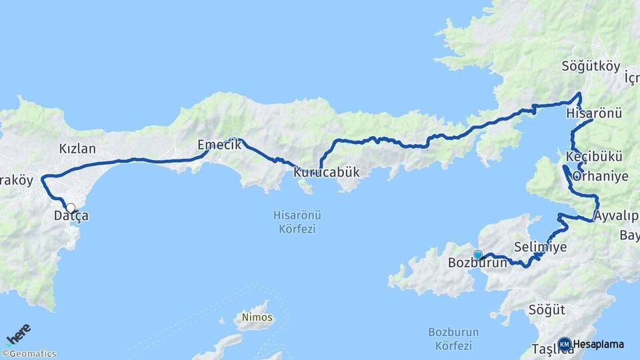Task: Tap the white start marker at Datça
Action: click(x=70, y=208)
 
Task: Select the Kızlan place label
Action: click(x=77, y=149)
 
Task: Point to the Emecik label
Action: click(x=214, y=145)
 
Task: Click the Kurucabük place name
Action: click(x=327, y=173)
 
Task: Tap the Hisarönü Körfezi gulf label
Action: click(x=294, y=222)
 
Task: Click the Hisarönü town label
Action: click(x=593, y=113)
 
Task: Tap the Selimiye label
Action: click(x=541, y=247)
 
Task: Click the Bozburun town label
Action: click(x=478, y=263)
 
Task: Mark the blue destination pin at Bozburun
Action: click(x=477, y=255)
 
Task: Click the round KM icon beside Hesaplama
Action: click(x=564, y=344)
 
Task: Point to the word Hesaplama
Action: click(x=599, y=345)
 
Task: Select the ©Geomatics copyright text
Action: click(x=29, y=354)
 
